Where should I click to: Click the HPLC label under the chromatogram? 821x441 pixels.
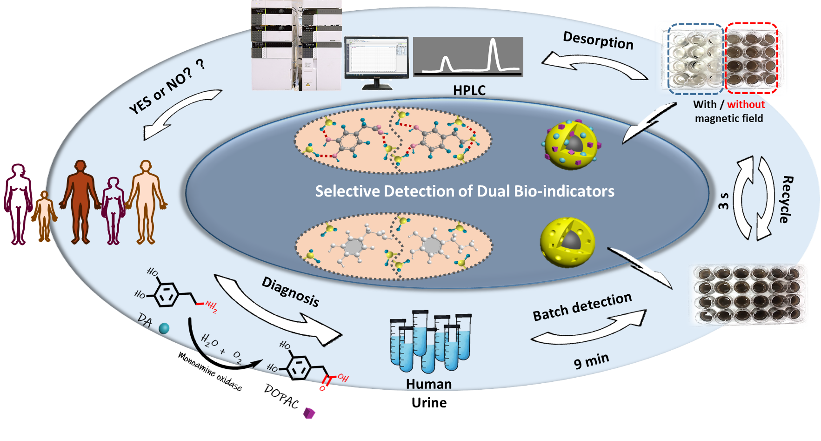pyautogui.click(x=469, y=90)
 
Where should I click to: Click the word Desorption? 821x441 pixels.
pyautogui.click(x=598, y=41)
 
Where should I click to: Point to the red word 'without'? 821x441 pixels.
pyautogui.click(x=746, y=104)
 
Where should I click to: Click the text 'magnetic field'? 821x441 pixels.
pyautogui.click(x=729, y=118)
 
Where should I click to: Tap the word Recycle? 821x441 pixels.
pyautogui.click(x=786, y=199)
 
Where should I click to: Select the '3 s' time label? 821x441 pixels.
pyautogui.click(x=723, y=200)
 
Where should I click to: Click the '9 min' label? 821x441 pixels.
pyautogui.click(x=591, y=360)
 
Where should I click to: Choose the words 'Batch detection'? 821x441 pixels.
pyautogui.click(x=582, y=307)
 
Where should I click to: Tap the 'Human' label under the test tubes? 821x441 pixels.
pyautogui.click(x=428, y=384)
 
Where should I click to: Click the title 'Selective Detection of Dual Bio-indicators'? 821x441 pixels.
pyautogui.click(x=465, y=191)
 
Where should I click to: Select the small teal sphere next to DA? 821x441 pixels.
pyautogui.click(x=164, y=328)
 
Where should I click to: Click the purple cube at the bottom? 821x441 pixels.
pyautogui.click(x=309, y=413)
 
